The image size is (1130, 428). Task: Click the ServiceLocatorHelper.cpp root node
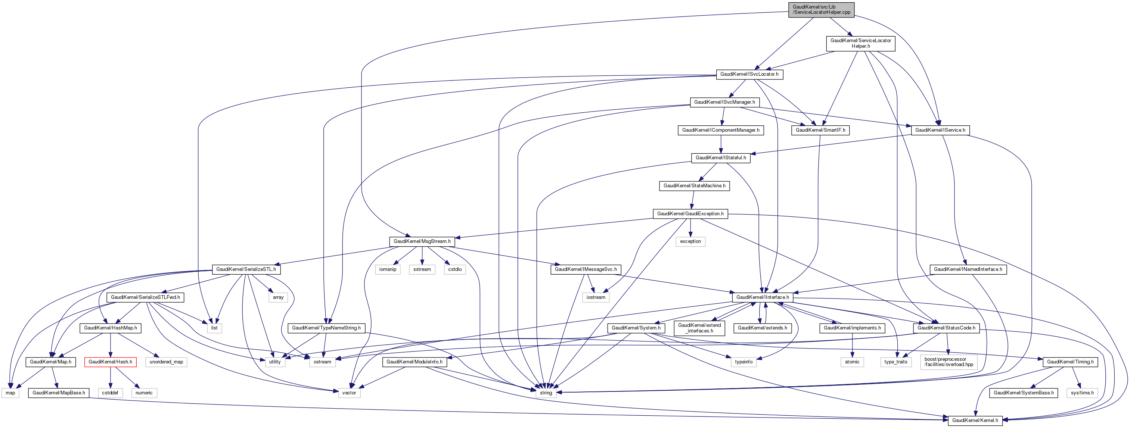pos(821,10)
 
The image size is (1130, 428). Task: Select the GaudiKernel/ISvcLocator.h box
pos(749,74)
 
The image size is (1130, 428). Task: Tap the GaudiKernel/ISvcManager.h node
pos(724,102)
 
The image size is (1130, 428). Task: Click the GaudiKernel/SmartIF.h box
pos(820,130)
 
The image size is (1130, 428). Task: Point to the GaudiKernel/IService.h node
pos(940,130)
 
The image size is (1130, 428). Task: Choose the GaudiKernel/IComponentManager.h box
pos(721,130)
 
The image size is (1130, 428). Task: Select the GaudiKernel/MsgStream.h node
pos(422,242)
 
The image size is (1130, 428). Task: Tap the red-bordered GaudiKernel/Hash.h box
pos(110,362)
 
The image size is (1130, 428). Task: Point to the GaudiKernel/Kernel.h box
pos(975,421)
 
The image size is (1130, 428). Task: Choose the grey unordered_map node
pos(166,362)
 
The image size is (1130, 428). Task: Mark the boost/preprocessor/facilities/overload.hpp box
pos(949,362)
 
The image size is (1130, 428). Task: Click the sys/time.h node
pos(1082,393)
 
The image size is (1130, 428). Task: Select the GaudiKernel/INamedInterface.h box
pos(968,269)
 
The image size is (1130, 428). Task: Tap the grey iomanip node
pos(388,269)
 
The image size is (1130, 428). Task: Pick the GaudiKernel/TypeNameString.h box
pos(326,328)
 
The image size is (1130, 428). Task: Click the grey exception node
pos(690,242)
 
